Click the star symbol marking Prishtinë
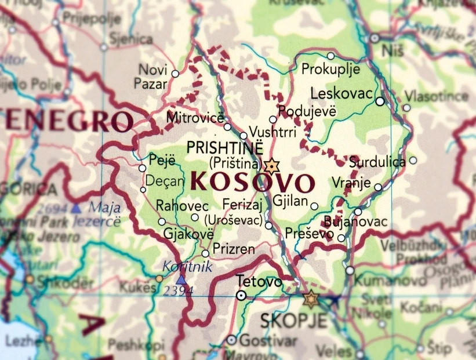click(271, 166)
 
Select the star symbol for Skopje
click(311, 299)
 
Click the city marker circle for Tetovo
click(241, 295)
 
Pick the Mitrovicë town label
click(194, 118)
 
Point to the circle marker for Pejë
click(142, 168)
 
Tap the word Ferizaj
click(242, 204)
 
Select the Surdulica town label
click(377, 162)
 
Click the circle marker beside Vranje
click(378, 187)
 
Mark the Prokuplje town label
click(330, 69)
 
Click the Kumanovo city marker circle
click(350, 270)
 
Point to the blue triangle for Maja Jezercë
click(76, 208)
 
